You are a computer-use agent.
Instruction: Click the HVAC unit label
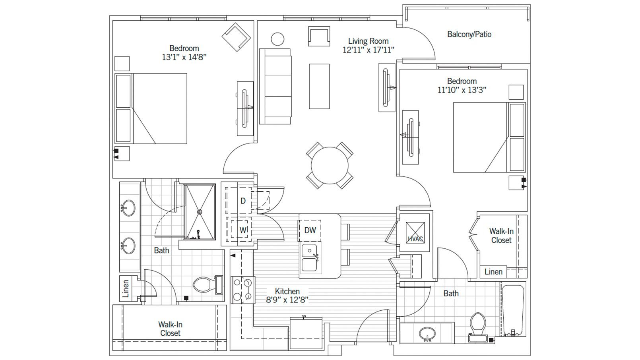[415, 239]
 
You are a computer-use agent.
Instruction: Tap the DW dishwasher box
[310, 230]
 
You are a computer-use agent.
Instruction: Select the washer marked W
[243, 230]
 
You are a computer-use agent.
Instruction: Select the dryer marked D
[243, 201]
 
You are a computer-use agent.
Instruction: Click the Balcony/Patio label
[469, 34]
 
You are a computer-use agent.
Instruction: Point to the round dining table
[330, 165]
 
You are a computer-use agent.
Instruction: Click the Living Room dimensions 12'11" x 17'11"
[368, 50]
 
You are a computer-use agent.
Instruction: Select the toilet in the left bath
[207, 285]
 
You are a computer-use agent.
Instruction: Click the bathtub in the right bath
[513, 310]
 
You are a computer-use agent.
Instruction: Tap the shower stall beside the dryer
[200, 211]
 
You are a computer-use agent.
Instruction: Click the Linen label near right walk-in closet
[493, 272]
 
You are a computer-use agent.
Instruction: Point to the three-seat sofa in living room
[275, 86]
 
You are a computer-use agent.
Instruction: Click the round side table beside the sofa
[277, 39]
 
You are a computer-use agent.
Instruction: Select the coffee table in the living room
[319, 86]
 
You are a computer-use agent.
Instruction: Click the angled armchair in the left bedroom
[236, 37]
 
